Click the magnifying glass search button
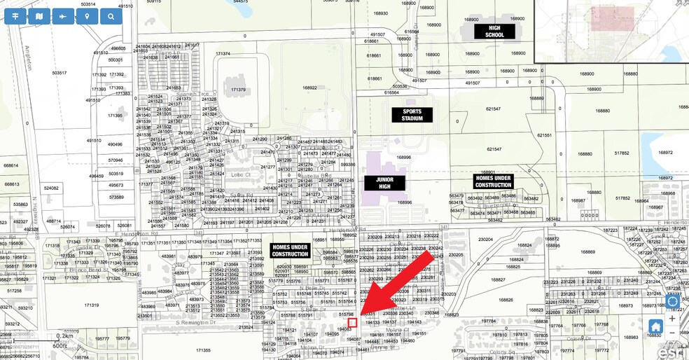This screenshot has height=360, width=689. (111, 16)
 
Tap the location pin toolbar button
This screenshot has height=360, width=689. (87, 16)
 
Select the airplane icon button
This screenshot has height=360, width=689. (63, 16)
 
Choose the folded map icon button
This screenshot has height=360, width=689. (39, 16)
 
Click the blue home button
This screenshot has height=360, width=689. (656, 326)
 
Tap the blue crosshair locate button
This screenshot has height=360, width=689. (673, 301)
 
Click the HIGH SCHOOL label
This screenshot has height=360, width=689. (494, 32)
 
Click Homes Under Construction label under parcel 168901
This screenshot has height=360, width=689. (493, 181)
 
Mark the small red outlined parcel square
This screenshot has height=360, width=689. (353, 322)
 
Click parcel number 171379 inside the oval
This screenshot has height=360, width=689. (237, 90)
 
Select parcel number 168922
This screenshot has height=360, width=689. (309, 88)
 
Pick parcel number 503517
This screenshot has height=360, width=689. (59, 73)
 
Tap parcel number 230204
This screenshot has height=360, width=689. (485, 239)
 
